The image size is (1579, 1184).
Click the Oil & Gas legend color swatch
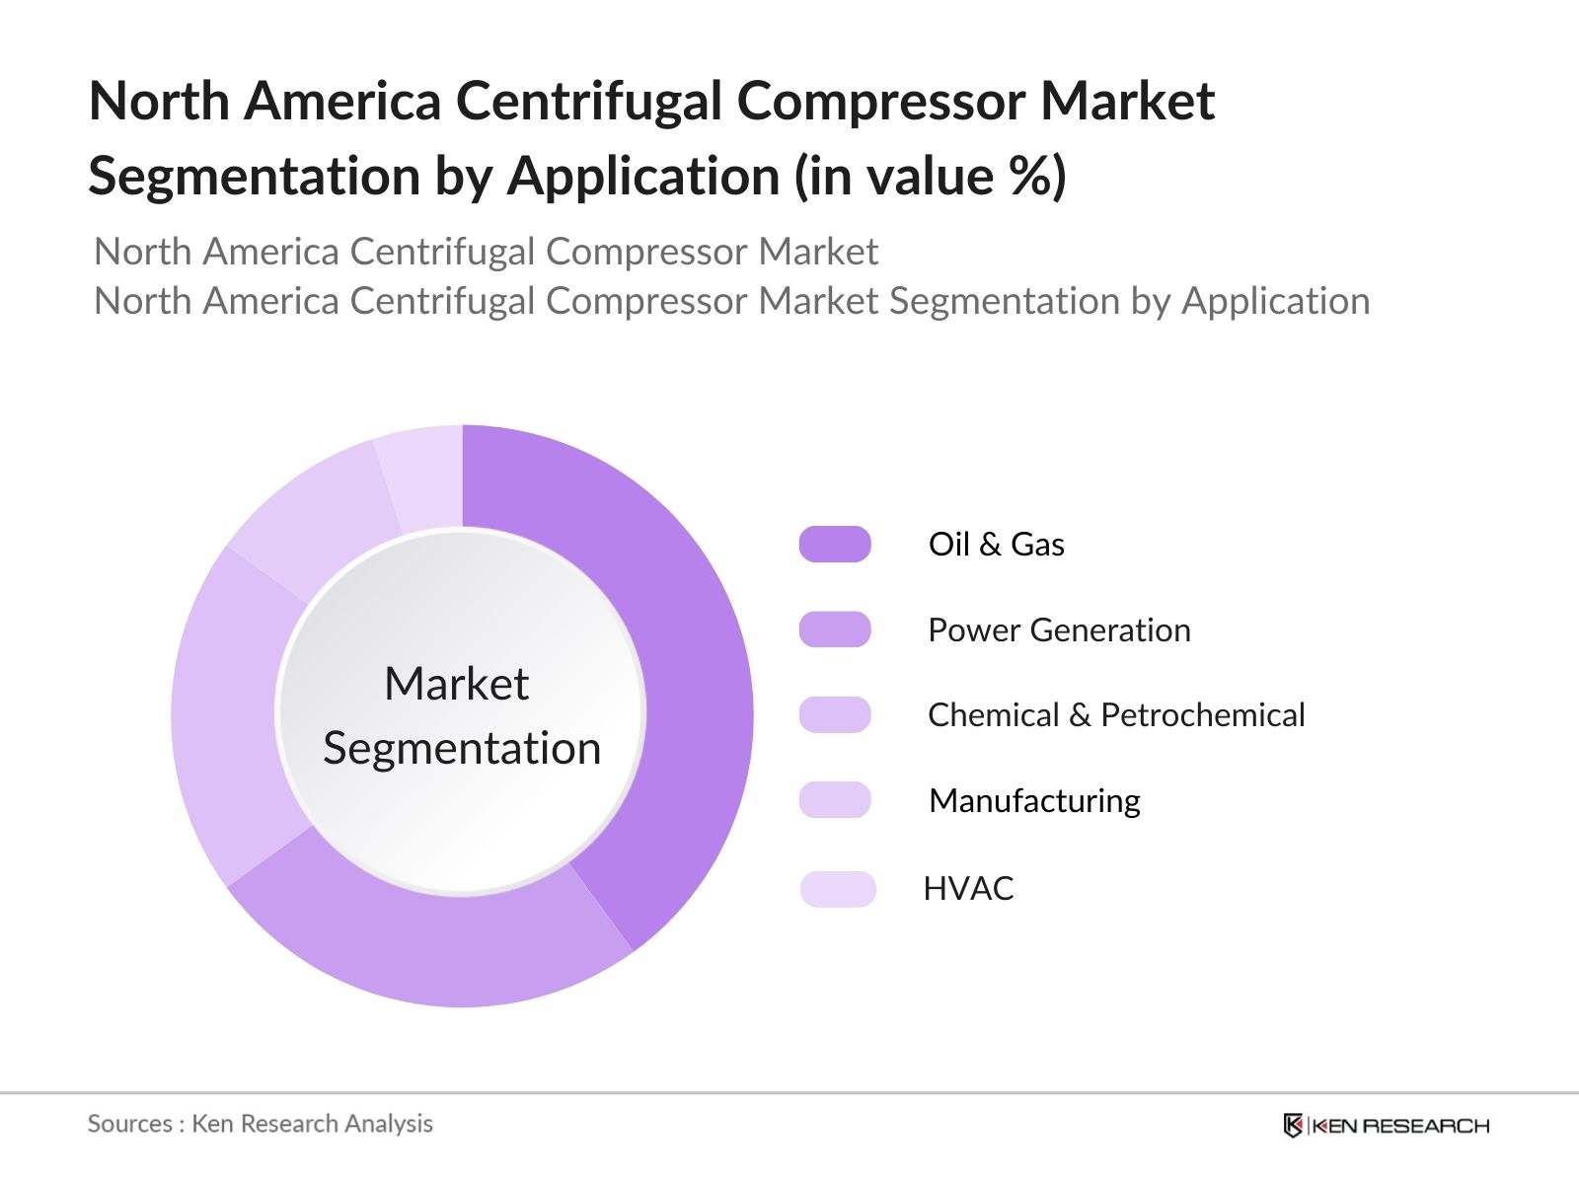click(835, 544)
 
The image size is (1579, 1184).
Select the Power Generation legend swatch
click(835, 629)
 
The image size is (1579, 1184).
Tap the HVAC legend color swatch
click(838, 888)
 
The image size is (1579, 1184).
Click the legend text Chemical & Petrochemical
click(1116, 714)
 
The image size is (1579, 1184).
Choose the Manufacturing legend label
click(1034, 800)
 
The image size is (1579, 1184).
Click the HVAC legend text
click(968, 888)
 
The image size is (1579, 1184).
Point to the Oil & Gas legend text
click(996, 544)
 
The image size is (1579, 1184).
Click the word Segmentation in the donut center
click(462, 748)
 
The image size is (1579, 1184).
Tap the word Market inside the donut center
click(456, 683)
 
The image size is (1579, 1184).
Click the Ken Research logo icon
click(1292, 1125)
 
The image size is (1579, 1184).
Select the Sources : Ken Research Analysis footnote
click(260, 1123)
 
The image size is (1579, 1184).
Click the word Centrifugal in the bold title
click(587, 101)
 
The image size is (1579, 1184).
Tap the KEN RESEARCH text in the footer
click(1400, 1126)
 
